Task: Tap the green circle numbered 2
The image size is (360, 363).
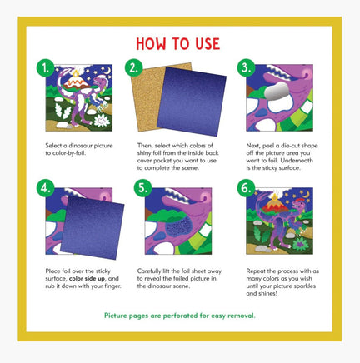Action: coord(134,68)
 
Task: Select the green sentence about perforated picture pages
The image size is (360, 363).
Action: coord(179,316)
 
